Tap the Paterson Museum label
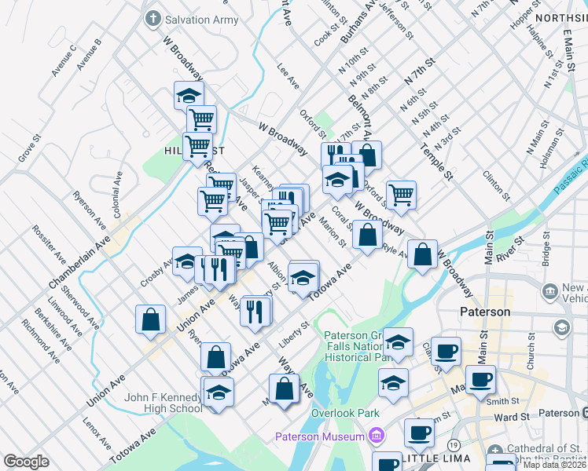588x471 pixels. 318,436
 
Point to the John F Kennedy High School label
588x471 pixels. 164,403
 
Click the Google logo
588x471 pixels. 26,462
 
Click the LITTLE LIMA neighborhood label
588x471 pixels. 436,458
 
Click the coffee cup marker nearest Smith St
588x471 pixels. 480,379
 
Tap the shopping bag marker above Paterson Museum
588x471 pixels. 284,388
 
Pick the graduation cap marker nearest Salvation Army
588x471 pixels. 189,96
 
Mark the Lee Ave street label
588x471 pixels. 288,77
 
